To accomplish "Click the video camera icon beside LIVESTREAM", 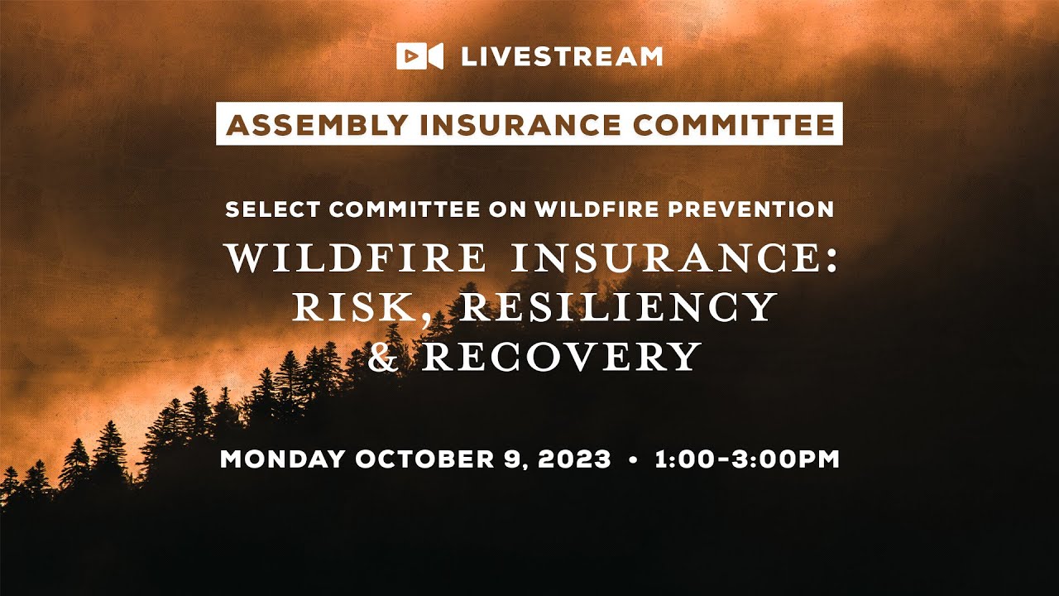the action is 419,56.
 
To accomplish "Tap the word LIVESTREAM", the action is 562,56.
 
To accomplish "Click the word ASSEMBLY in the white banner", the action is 317,124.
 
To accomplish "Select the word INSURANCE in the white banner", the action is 520,124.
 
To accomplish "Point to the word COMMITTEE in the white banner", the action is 734,124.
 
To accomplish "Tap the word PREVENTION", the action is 751,209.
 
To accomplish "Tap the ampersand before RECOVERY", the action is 384,356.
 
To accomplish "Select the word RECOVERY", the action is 561,356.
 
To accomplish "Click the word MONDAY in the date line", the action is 282,459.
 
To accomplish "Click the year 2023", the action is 574,459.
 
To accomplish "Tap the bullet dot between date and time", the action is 633,459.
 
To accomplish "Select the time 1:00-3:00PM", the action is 747,459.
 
